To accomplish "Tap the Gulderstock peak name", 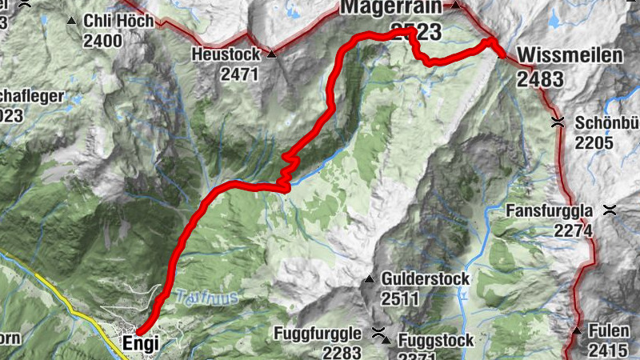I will pyautogui.click(x=426, y=279).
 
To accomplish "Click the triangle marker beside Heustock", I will pyautogui.click(x=271, y=54).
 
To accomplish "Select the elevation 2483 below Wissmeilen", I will pyautogui.click(x=540, y=78).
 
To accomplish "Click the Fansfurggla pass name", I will pyautogui.click(x=550, y=211).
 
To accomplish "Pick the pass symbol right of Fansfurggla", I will pyautogui.click(x=610, y=210).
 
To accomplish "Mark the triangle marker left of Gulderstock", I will pyautogui.click(x=370, y=279).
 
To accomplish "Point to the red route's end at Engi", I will pyautogui.click(x=138, y=332).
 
